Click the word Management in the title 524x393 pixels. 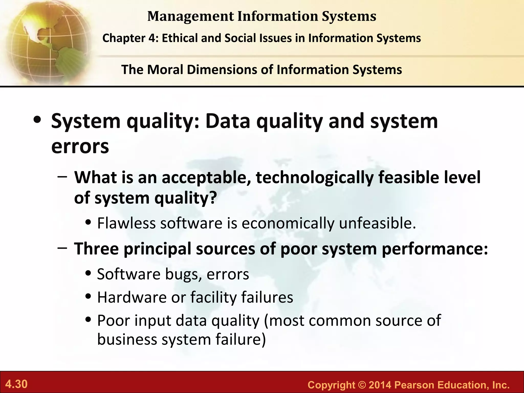click(x=191, y=16)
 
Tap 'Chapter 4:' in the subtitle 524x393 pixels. click(x=130, y=38)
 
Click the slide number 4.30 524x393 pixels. click(x=16, y=384)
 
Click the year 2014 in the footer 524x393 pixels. click(x=380, y=385)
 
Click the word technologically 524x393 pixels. click(x=314, y=177)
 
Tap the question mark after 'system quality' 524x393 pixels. click(x=213, y=198)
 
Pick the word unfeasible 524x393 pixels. click(x=377, y=223)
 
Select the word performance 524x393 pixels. click(x=435, y=249)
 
